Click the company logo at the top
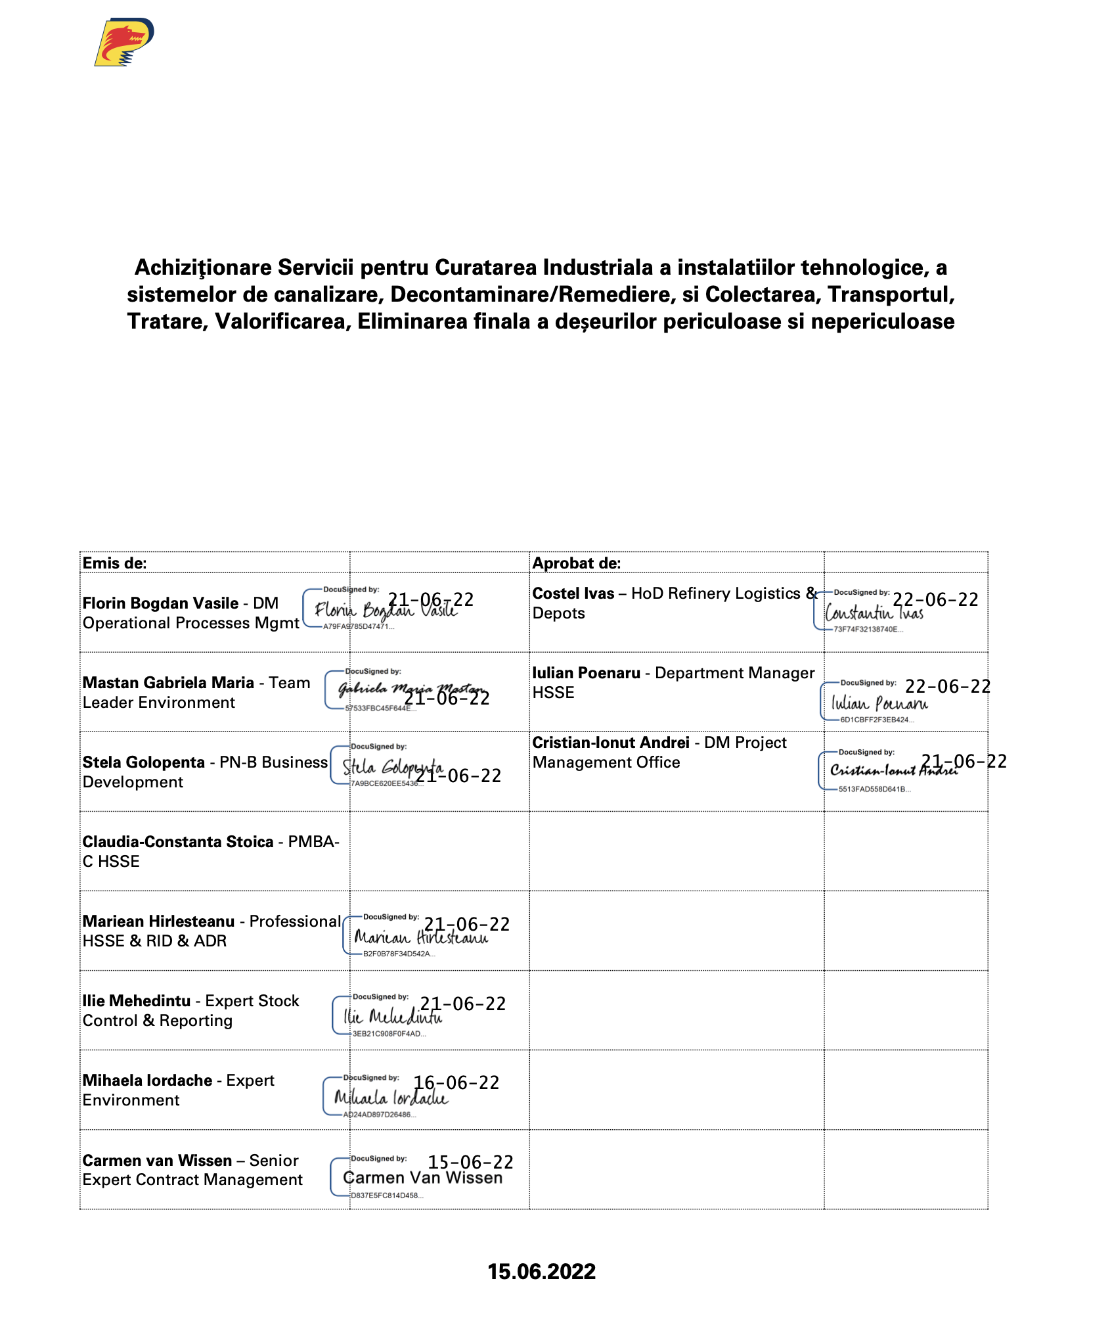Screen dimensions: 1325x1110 (124, 42)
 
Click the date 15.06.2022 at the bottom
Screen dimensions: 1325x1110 (541, 1271)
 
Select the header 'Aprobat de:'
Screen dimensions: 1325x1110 (576, 563)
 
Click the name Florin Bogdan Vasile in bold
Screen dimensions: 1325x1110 (160, 603)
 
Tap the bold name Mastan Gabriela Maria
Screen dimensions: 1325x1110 (168, 683)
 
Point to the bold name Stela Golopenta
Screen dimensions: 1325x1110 (143, 762)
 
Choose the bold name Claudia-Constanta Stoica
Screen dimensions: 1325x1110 (177, 842)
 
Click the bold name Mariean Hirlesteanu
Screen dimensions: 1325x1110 (158, 921)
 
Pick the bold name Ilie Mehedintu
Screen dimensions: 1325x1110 (137, 1001)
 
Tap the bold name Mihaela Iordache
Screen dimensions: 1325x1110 (147, 1081)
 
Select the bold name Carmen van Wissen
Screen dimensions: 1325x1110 (157, 1161)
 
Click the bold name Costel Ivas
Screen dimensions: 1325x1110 (573, 593)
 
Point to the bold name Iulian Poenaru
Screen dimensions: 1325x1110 (586, 673)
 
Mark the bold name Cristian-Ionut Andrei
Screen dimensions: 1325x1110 (610, 743)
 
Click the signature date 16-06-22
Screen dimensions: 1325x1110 (456, 1082)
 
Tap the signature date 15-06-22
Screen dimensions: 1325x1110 (470, 1162)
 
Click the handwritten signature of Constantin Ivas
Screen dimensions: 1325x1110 (874, 613)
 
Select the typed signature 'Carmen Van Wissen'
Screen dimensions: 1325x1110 (423, 1178)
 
